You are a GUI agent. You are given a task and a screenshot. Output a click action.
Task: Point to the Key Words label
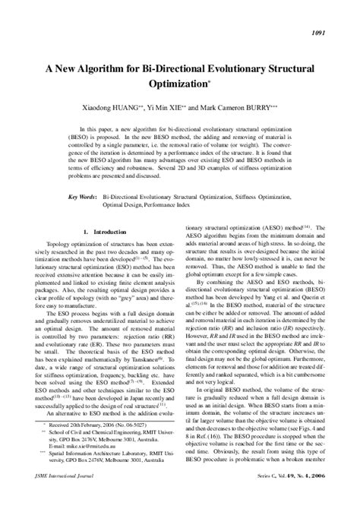coord(79,196)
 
